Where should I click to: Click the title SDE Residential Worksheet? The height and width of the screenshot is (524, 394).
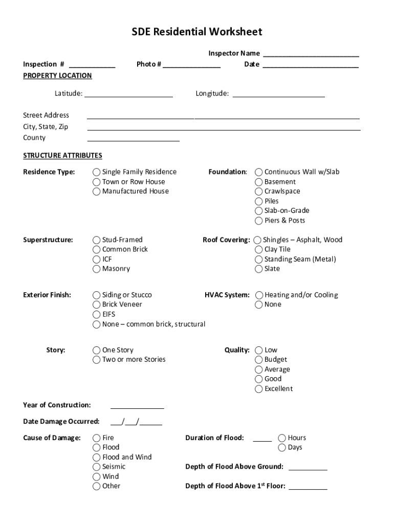point(197,32)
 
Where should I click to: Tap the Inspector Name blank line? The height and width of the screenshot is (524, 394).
point(311,54)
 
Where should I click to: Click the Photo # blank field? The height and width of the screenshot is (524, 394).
point(192,64)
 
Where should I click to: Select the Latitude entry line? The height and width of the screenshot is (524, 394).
point(128,94)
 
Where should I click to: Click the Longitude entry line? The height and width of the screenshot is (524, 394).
point(278,94)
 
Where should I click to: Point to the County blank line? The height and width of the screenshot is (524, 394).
point(134,138)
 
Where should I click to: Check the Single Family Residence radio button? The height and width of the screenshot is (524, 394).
point(96,172)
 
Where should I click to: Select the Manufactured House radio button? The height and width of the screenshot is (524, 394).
point(96,191)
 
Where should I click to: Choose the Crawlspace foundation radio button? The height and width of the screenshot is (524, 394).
point(259,191)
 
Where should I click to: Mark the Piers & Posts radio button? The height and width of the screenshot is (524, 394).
point(259,221)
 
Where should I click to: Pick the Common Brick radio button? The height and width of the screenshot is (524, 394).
point(96,250)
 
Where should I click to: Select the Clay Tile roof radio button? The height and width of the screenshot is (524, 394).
point(259,250)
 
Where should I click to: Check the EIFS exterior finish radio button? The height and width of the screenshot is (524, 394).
point(96,315)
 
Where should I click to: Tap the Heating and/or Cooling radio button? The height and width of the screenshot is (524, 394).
point(259,295)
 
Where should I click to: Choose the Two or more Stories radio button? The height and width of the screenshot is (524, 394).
point(96,360)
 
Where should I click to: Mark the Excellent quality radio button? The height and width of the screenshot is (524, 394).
point(259,389)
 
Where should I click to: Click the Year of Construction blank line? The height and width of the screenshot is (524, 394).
point(137,406)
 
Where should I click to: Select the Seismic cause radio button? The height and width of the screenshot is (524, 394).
point(96,467)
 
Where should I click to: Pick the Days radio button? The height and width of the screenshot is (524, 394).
point(282,448)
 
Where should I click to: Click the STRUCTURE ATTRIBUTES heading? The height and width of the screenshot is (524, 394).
point(62,156)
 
